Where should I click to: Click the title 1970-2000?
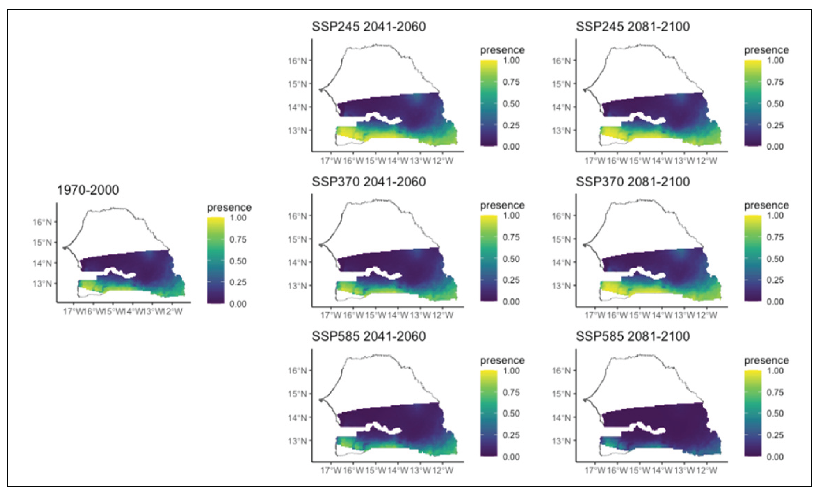tap(88, 190)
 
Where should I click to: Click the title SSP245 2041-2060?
tap(368, 27)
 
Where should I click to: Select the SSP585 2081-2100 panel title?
tap(632, 336)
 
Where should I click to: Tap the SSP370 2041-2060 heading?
tap(368, 182)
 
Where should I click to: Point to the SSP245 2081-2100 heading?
tap(632, 27)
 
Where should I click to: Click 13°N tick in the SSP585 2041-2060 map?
tap(297, 441)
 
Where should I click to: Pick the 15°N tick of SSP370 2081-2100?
tap(561, 239)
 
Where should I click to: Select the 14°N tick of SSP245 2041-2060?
tap(297, 107)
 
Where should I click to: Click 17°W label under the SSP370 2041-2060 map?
tap(330, 316)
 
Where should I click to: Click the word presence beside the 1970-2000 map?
tap(229, 208)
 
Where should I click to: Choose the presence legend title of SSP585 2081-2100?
tap(766, 360)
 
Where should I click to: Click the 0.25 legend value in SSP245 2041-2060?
tap(511, 126)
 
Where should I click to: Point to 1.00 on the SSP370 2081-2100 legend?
tap(775, 215)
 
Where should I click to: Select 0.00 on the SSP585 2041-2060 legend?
tap(511, 457)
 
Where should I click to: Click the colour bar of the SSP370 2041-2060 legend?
tap(489, 258)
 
